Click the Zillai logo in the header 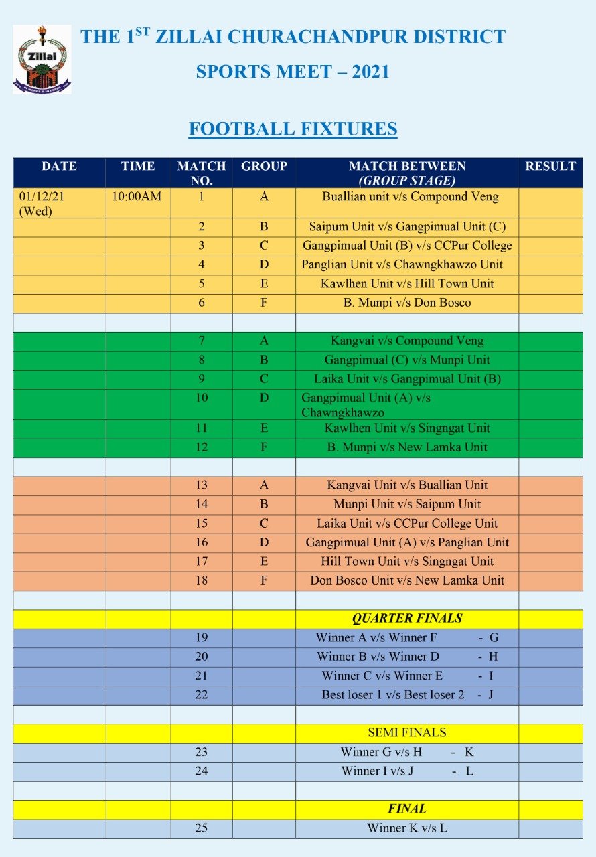point(42,59)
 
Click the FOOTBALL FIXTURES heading point(293,129)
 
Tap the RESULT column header point(550,167)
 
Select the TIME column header point(138,167)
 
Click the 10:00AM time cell point(138,197)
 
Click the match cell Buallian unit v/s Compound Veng point(410,197)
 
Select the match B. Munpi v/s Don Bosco point(407,303)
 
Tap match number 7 point(202,341)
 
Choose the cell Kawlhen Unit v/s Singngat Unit point(407,428)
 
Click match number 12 point(202,447)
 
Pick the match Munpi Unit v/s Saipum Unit point(407,504)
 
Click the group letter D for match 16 point(264,542)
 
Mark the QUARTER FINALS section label point(407,619)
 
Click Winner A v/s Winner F point(376,638)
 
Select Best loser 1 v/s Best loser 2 point(393,695)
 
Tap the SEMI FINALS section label point(407,732)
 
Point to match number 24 point(202,771)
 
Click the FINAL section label point(407,809)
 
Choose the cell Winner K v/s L point(407,828)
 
